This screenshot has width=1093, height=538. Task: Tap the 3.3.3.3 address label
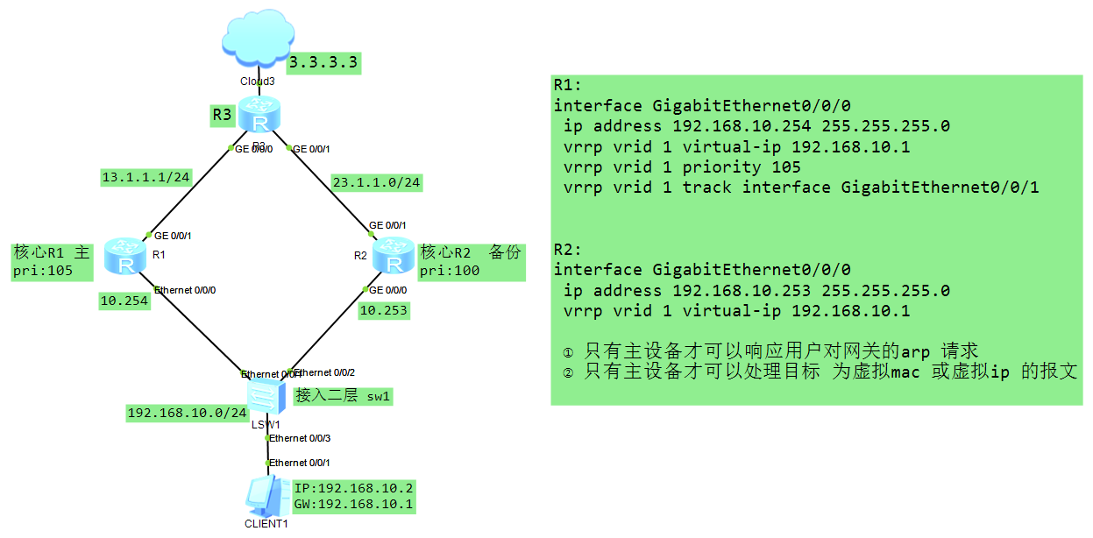(324, 63)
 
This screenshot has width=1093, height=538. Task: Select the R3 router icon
(259, 115)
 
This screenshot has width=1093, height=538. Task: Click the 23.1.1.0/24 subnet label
(377, 182)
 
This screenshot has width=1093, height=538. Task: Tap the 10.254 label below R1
(124, 301)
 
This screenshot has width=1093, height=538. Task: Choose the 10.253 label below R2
(383, 310)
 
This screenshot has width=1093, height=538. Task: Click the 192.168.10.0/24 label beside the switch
(188, 413)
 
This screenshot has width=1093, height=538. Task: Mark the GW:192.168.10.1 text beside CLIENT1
(354, 505)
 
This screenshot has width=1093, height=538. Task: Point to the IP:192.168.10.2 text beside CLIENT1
(354, 488)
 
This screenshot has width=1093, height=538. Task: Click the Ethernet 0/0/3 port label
(301, 437)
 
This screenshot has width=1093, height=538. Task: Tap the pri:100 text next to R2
(450, 271)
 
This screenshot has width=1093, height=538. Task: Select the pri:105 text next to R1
(41, 271)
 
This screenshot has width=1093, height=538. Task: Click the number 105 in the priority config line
(786, 166)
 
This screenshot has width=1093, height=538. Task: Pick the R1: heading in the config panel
(567, 85)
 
